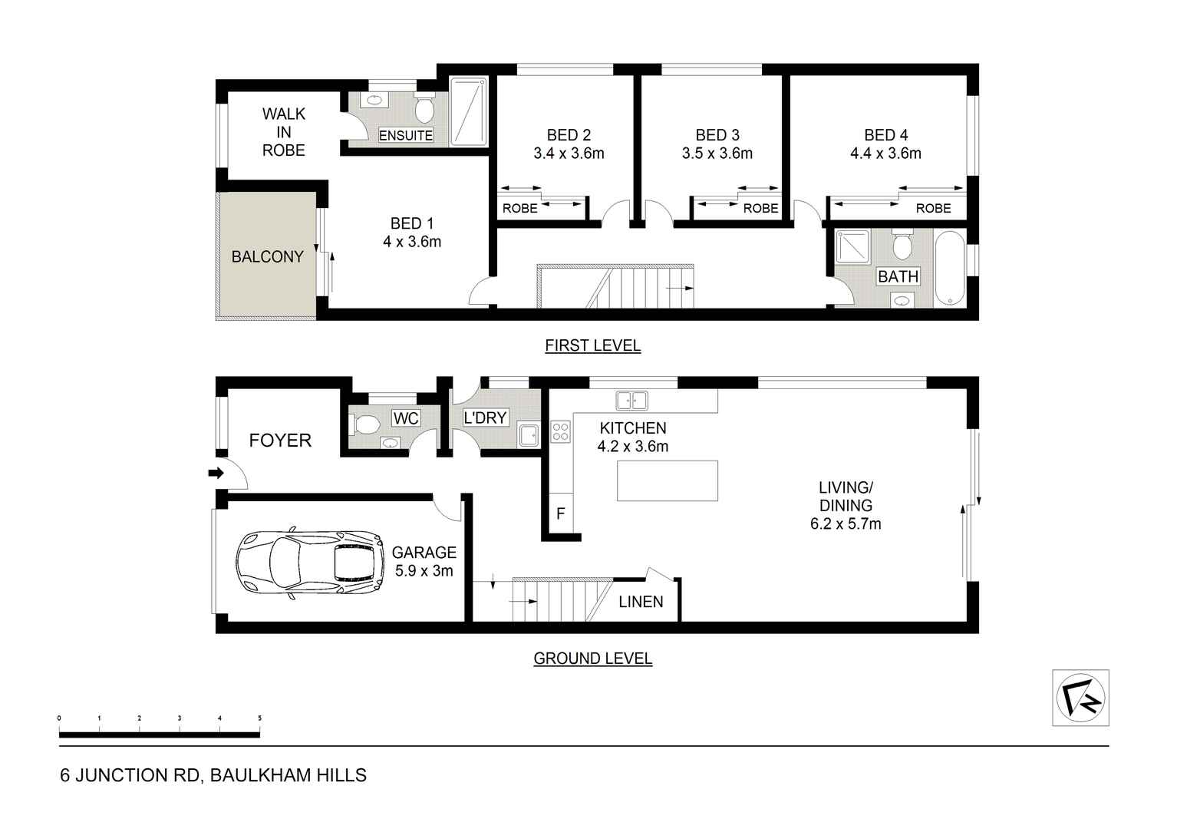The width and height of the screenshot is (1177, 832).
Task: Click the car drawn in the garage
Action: [x=311, y=564]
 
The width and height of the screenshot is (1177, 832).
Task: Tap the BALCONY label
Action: [x=267, y=256]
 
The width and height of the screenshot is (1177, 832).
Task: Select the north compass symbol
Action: [x=1080, y=698]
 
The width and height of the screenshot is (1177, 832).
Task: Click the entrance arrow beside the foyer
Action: [x=216, y=474]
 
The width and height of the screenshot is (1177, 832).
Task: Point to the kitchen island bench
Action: [x=668, y=480]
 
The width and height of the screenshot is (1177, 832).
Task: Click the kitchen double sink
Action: [x=631, y=400]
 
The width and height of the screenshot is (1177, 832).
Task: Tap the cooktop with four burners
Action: [x=560, y=432]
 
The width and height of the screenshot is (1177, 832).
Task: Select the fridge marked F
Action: [x=561, y=513]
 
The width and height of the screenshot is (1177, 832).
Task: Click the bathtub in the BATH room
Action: [x=949, y=269]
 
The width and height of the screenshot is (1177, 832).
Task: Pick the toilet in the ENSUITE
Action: [x=424, y=109]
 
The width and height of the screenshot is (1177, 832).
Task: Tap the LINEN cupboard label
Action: [x=641, y=602]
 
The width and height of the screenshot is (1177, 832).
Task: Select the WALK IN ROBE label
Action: [x=283, y=132]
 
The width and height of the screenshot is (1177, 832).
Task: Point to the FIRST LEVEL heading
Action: [x=592, y=345]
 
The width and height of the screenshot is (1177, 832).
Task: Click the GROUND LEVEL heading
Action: [x=592, y=659]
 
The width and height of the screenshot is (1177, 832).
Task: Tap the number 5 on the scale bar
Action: [x=259, y=718]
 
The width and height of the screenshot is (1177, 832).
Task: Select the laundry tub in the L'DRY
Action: [x=529, y=434]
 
